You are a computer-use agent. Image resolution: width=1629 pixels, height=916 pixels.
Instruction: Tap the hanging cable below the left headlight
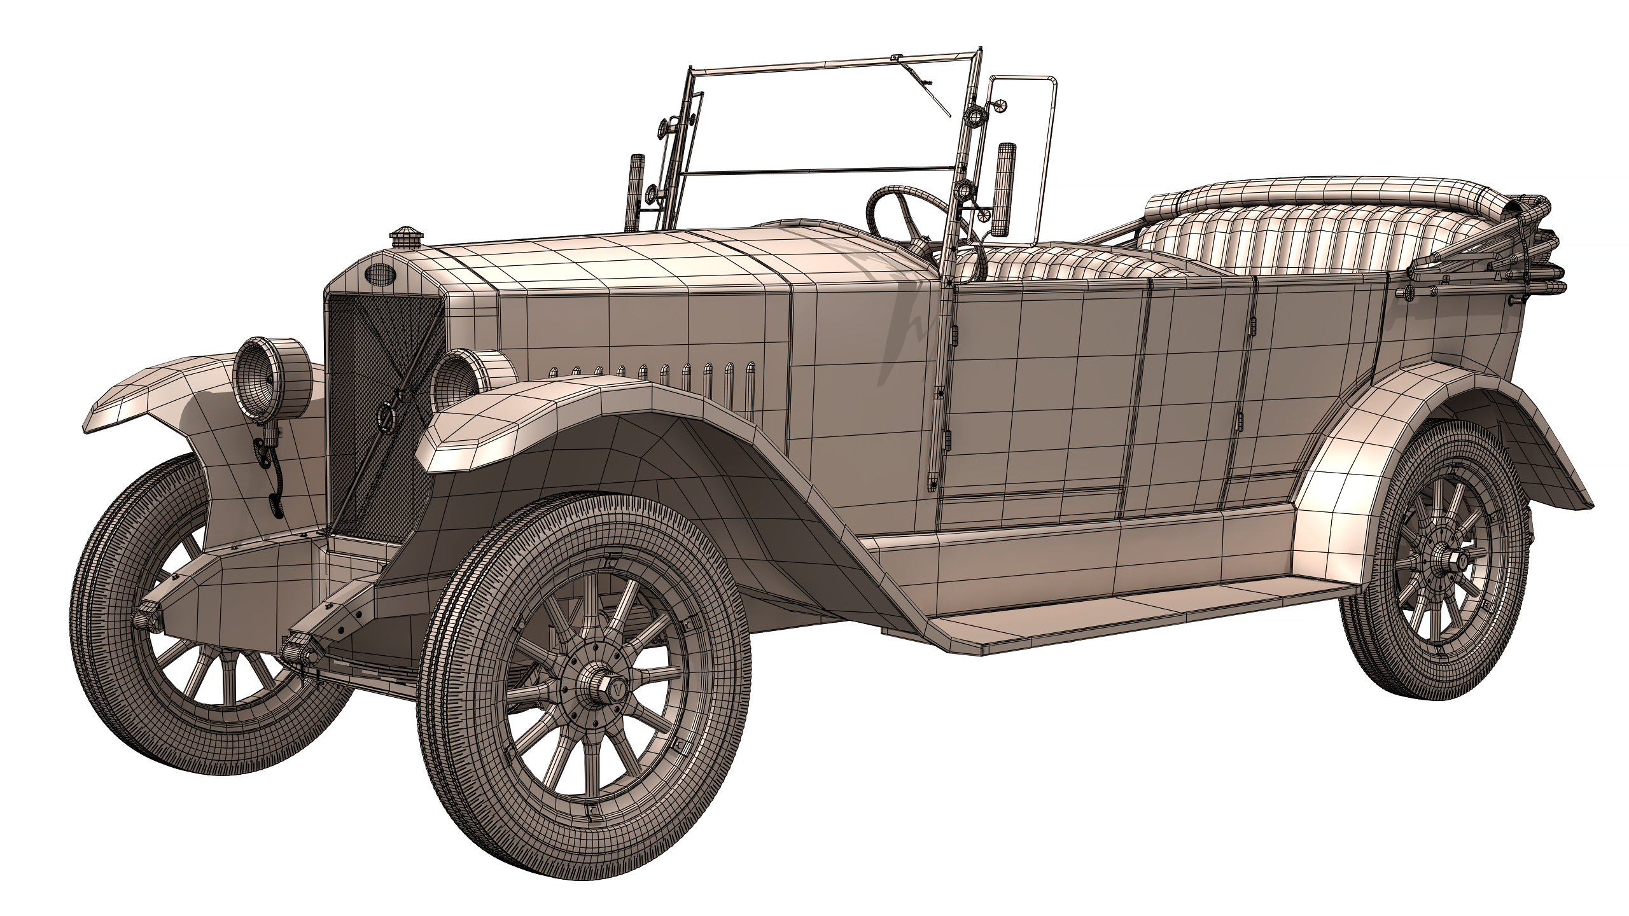(274, 471)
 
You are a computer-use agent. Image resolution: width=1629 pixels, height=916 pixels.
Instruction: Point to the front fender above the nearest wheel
(573, 413)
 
